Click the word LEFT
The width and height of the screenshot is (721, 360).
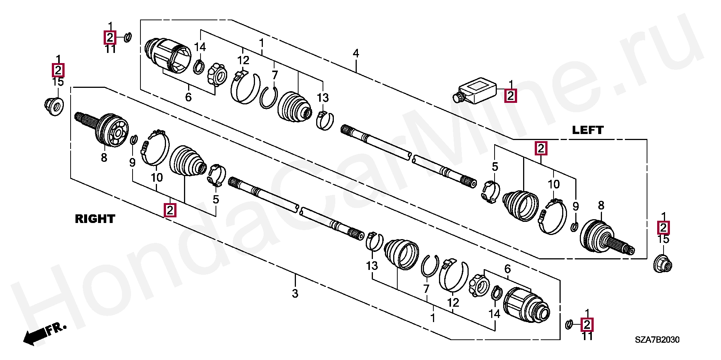(x=588, y=130)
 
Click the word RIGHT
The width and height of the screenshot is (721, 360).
(x=95, y=219)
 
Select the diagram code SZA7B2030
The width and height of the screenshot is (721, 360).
(x=657, y=340)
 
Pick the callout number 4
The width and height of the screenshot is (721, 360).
(x=356, y=53)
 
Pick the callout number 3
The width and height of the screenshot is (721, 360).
(x=295, y=293)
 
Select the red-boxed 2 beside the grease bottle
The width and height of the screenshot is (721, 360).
(x=510, y=96)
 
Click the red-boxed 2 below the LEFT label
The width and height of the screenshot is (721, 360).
(x=541, y=149)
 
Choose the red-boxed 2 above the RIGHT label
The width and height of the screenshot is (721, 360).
(x=170, y=210)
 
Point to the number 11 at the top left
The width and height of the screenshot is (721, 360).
(x=110, y=49)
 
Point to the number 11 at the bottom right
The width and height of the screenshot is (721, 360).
(x=587, y=336)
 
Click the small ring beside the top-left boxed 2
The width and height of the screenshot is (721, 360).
(x=127, y=38)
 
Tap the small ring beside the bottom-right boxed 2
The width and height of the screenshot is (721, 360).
(x=569, y=324)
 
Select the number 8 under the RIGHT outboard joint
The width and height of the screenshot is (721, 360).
(x=104, y=158)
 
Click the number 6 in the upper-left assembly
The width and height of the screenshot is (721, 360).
(x=189, y=98)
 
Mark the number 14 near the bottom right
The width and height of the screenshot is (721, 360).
(x=494, y=314)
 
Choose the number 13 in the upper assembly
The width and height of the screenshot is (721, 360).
(x=323, y=98)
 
